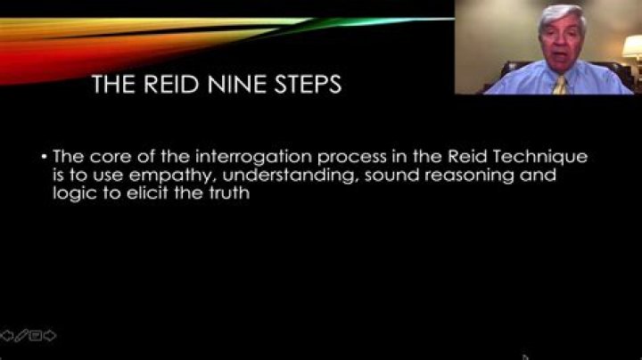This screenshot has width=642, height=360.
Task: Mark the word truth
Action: (229, 194)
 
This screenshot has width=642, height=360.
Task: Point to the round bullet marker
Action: (45, 157)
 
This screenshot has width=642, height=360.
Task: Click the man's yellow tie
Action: (559, 85)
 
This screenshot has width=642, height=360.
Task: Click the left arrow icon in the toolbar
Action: (8, 336)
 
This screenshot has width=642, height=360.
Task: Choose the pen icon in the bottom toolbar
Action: (21, 336)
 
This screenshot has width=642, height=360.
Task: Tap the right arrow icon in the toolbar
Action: (50, 336)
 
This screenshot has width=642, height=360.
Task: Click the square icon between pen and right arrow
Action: (36, 336)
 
